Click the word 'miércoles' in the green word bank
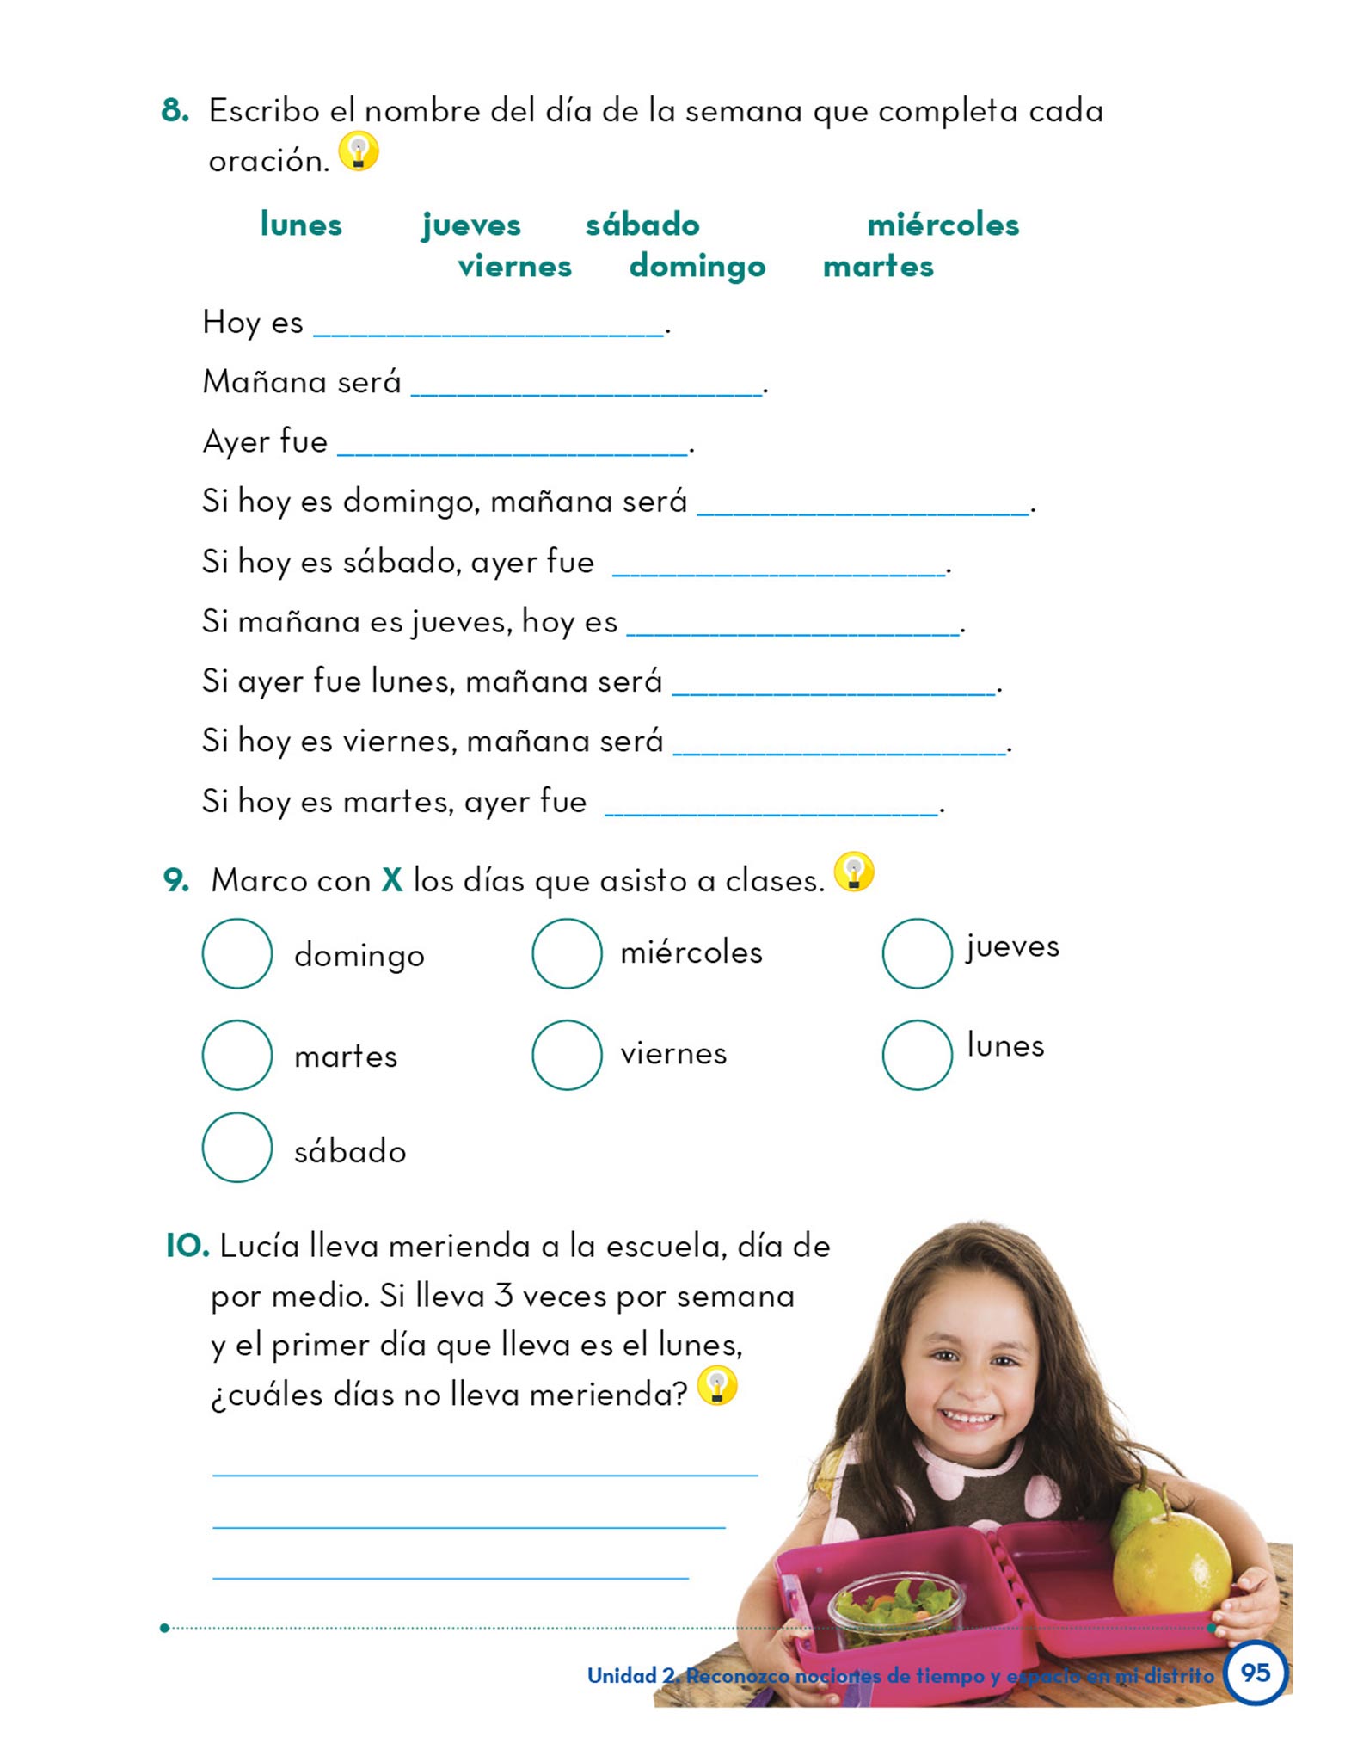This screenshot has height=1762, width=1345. pyautogui.click(x=943, y=225)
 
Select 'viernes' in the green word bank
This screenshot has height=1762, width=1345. pyautogui.click(x=514, y=267)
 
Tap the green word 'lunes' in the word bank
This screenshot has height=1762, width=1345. pyautogui.click(x=301, y=225)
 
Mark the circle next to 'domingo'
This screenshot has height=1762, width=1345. pyautogui.click(x=237, y=953)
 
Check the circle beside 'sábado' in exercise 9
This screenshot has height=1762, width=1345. pyautogui.click(x=237, y=1147)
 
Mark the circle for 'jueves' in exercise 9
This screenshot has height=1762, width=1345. pyautogui.click(x=917, y=953)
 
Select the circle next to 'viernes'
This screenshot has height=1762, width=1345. pyautogui.click(x=567, y=1054)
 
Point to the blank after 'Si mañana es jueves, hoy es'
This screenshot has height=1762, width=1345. pyautogui.click(x=793, y=628)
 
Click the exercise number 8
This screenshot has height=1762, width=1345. pyautogui.click(x=175, y=111)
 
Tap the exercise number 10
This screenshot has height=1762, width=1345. pyautogui.click(x=187, y=1246)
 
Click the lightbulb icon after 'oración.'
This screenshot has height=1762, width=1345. pyautogui.click(x=359, y=151)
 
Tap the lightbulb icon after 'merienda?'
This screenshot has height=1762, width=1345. pyautogui.click(x=717, y=1386)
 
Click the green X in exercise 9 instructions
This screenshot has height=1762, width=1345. pyautogui.click(x=392, y=880)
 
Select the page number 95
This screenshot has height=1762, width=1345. pyautogui.click(x=1255, y=1673)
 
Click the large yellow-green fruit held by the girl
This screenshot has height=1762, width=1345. pyautogui.click(x=1171, y=1564)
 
